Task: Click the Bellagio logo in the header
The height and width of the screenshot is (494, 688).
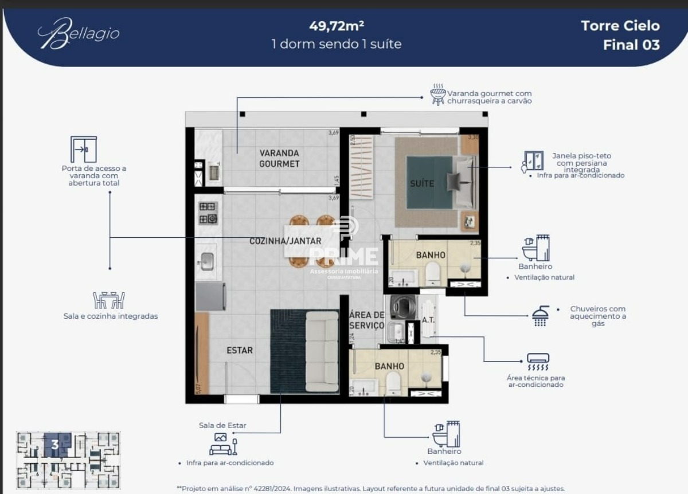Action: tap(79, 33)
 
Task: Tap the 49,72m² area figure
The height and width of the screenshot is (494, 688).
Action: tap(337, 26)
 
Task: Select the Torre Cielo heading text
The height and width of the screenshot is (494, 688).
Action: tap(620, 26)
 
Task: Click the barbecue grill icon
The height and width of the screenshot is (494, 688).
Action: tap(438, 96)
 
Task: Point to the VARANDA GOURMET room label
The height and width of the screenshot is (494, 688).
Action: tap(279, 158)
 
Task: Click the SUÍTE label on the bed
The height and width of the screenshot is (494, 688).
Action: tap(422, 183)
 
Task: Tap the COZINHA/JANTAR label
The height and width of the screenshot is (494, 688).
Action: tap(285, 241)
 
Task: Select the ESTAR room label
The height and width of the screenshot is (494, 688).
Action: tap(240, 350)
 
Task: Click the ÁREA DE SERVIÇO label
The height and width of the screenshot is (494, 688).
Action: tap(366, 320)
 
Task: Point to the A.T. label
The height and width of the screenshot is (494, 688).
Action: tap(428, 319)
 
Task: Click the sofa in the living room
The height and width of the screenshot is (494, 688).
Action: tap(322, 351)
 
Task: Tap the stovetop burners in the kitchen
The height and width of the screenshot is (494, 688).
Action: tap(208, 213)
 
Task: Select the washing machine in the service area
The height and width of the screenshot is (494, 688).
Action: tap(399, 308)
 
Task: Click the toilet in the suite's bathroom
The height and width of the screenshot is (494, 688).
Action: tap(433, 275)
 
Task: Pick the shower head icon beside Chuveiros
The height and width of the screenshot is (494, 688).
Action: tap(540, 316)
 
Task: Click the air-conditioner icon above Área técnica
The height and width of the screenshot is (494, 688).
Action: tap(537, 362)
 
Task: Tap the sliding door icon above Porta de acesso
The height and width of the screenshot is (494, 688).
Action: tap(84, 150)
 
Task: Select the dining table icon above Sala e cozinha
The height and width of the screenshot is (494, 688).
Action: tap(109, 300)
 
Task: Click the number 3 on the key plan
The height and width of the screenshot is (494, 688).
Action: tap(55, 444)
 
